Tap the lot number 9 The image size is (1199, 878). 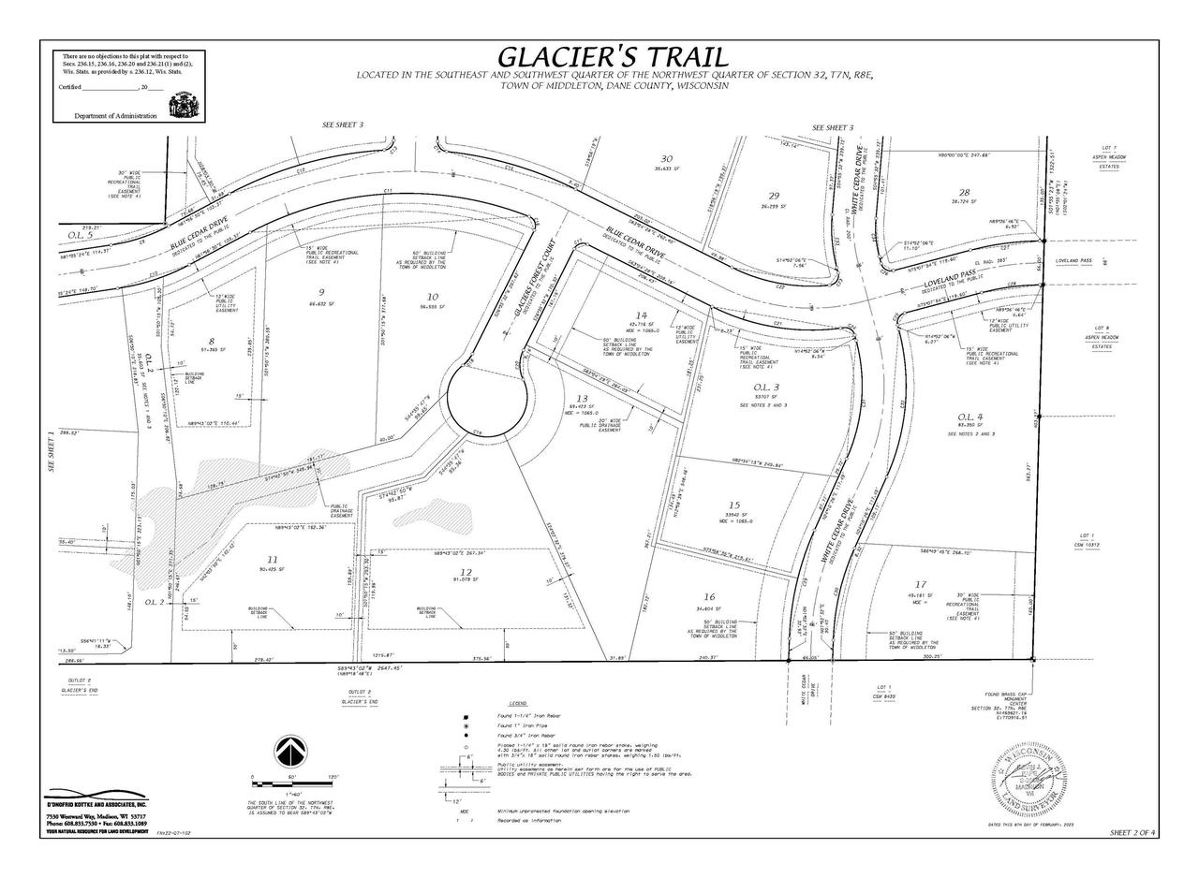point(321,291)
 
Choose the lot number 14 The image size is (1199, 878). point(642,315)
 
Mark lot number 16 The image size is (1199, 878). point(709,596)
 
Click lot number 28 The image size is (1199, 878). point(964,191)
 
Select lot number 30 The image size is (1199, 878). point(667,158)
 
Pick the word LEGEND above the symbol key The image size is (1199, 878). point(518,703)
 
